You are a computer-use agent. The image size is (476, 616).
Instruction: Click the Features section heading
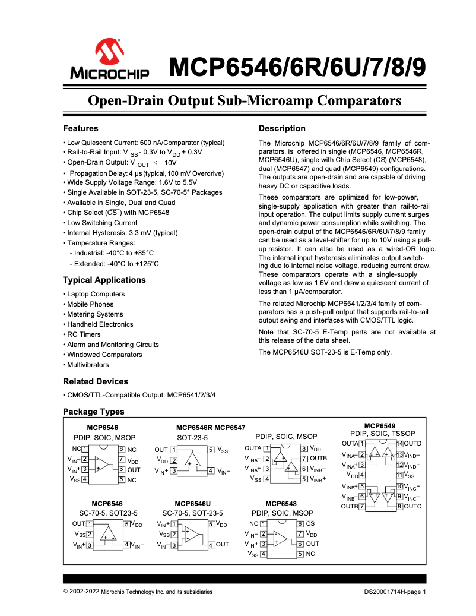pos(81,128)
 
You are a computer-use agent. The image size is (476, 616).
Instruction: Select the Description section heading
pos(282,128)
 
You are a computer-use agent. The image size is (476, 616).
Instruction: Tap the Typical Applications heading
pos(104,280)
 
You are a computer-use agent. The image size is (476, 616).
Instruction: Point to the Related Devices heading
pos(95,381)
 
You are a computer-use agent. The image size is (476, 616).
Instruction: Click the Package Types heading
pos(94,412)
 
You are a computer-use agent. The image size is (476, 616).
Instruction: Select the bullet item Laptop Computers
pos(96,294)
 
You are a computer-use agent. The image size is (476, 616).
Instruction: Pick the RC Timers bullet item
pos(84,334)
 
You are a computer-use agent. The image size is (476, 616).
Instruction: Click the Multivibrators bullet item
pos(88,365)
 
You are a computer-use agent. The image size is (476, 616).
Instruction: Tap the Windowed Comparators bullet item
pos(104,355)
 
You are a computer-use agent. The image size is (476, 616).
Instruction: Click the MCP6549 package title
pos(380,426)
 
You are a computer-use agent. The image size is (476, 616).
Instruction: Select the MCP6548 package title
pos(281,503)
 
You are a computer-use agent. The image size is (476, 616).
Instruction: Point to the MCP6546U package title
pos(192,503)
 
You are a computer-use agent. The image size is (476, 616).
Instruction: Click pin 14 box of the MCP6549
pos(400,444)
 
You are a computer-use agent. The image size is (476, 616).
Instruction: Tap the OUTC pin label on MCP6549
pos(412,506)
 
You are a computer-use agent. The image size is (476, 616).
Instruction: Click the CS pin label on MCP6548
pos(310,523)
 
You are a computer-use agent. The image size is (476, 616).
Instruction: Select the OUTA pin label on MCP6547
pos(253,448)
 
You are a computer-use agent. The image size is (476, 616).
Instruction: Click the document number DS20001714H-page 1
pos(395,592)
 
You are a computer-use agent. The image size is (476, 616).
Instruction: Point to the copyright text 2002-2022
pos(85,592)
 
